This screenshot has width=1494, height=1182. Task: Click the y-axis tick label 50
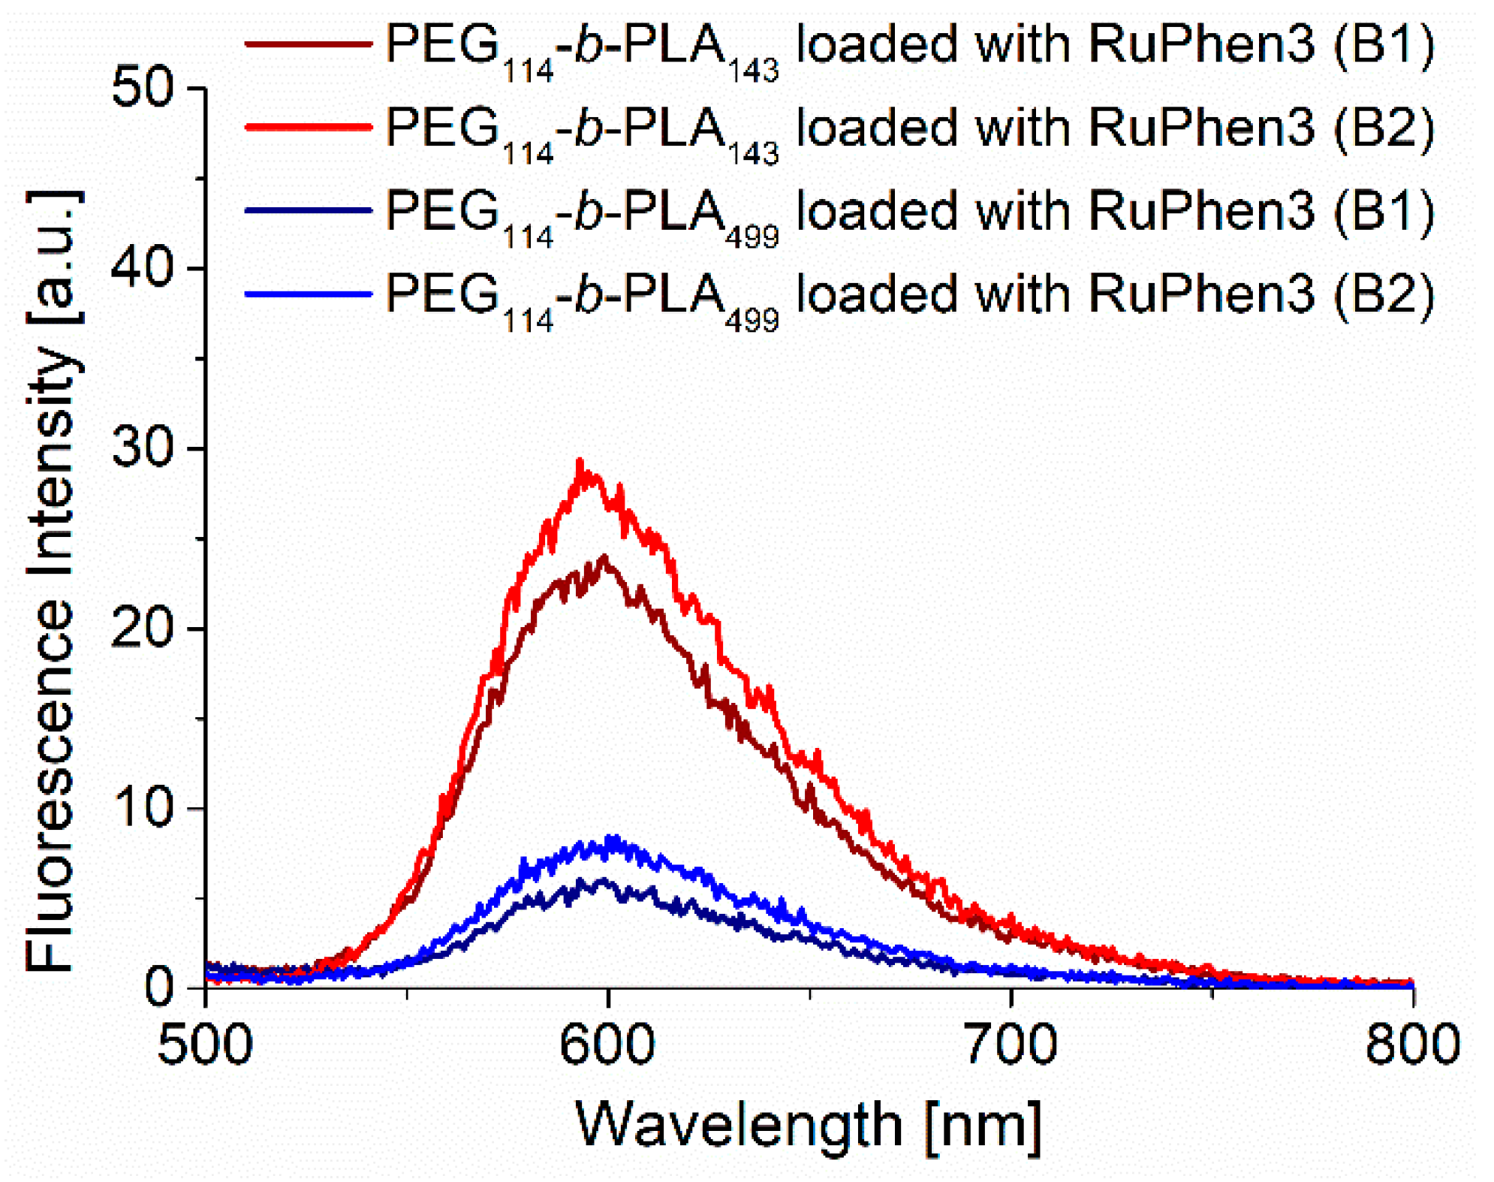pos(142,89)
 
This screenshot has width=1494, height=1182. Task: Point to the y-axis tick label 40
pos(142,269)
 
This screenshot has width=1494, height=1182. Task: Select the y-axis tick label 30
pos(142,448)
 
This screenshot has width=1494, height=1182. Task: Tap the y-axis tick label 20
pos(142,628)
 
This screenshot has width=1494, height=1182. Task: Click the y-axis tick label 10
pos(142,807)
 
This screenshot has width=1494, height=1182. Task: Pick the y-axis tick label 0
pos(159,987)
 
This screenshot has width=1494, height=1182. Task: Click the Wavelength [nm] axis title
pos(809,1125)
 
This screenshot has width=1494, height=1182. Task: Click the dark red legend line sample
pos(308,44)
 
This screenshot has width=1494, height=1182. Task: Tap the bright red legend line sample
pos(308,127)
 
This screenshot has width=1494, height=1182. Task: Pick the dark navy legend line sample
pos(308,210)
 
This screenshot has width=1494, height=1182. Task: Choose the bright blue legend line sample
pos(308,294)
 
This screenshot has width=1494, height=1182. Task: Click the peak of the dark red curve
pos(604,556)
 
